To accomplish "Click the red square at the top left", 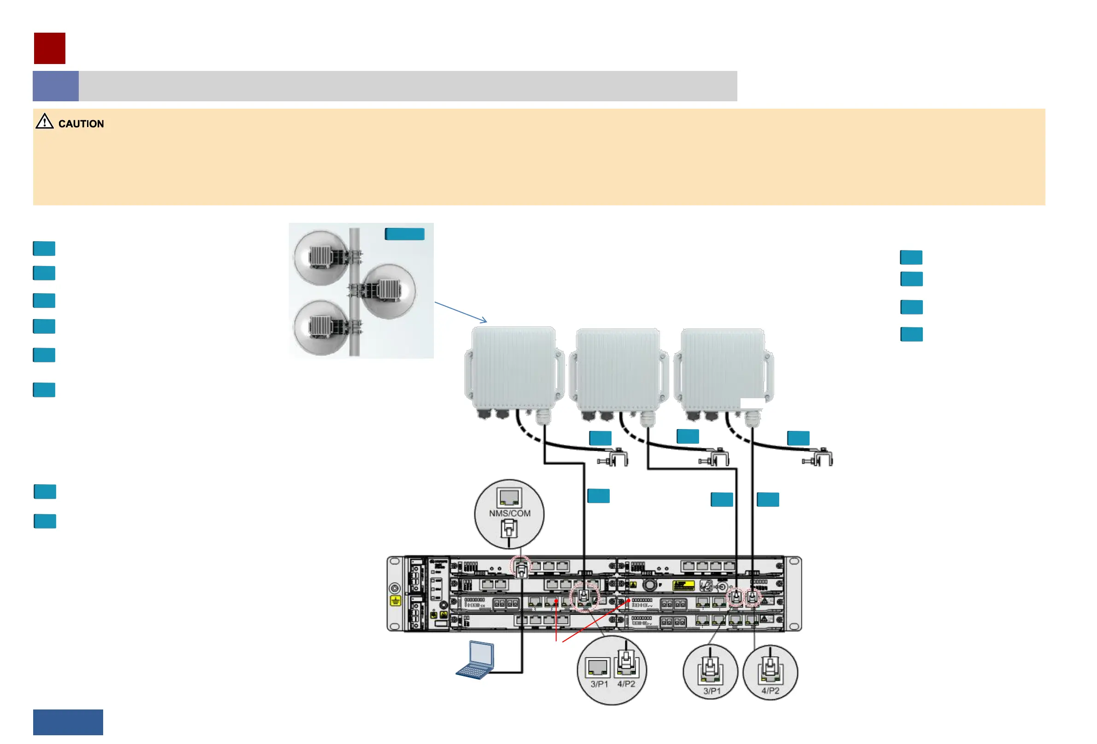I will (x=50, y=48).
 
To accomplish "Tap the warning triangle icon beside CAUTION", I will (x=44, y=121).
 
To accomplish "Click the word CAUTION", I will (x=81, y=123).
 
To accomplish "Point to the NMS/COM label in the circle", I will (x=509, y=513).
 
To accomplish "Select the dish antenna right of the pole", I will (x=389, y=291).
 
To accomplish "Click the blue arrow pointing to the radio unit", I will (x=460, y=312).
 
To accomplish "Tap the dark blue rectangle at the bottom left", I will (x=68, y=722).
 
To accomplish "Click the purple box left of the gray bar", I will (x=55, y=86).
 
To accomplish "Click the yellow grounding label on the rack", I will (x=395, y=600).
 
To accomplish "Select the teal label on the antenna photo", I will (x=404, y=234).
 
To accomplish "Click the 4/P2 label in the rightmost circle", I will (x=770, y=691).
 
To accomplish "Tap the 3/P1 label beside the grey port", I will (x=599, y=684).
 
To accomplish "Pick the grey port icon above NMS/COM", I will (x=509, y=497).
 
